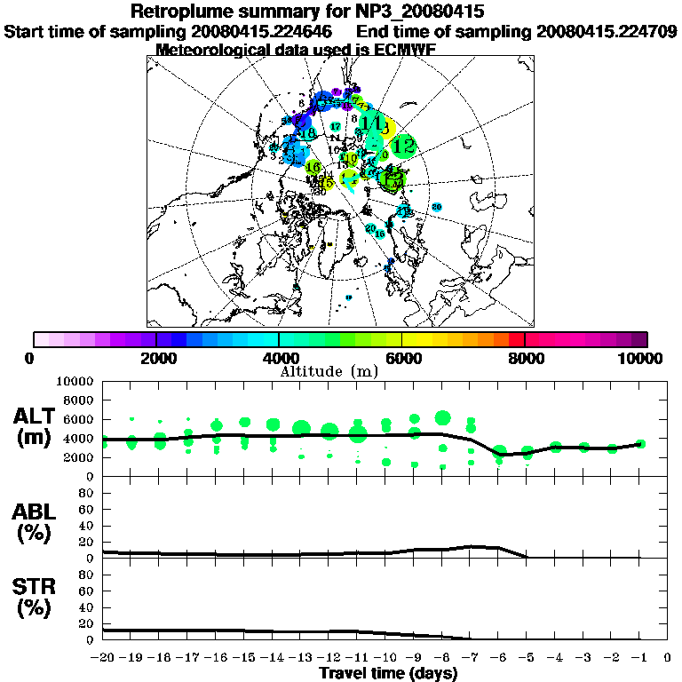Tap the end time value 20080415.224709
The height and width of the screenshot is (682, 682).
click(x=606, y=31)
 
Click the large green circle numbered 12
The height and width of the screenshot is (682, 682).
click(x=404, y=144)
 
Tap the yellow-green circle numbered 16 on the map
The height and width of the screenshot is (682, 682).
click(x=313, y=167)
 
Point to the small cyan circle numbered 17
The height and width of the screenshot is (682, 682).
click(x=335, y=127)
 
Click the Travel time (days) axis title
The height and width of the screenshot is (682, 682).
click(x=388, y=673)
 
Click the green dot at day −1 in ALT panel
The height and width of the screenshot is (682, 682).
click(x=640, y=444)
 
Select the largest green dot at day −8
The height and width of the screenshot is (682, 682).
click(x=442, y=418)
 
